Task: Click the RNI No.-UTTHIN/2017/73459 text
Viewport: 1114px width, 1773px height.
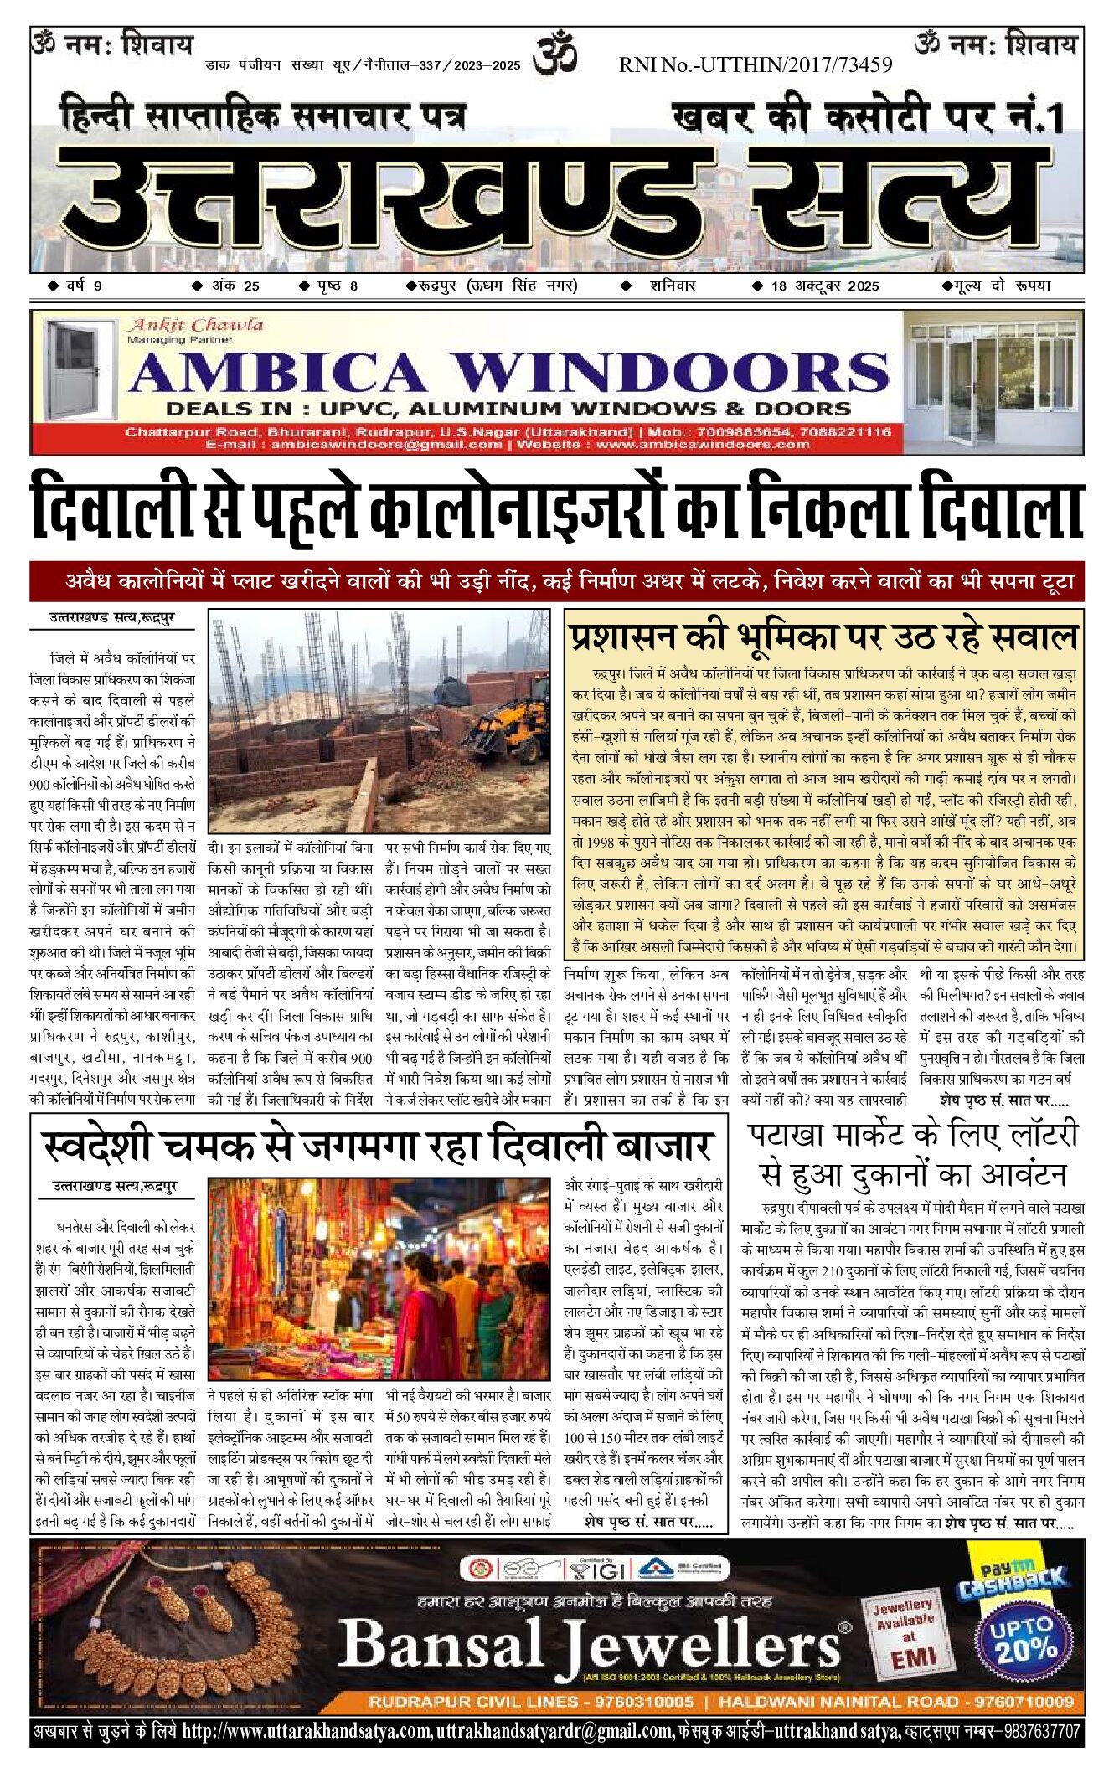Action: click(x=756, y=64)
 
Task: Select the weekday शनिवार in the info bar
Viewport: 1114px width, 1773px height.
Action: click(x=672, y=286)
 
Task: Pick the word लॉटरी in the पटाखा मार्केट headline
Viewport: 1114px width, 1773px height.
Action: click(x=1029, y=1136)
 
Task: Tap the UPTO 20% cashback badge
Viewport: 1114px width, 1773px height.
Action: click(x=1024, y=1638)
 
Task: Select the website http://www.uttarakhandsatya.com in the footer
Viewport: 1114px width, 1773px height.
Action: click(x=307, y=1730)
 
